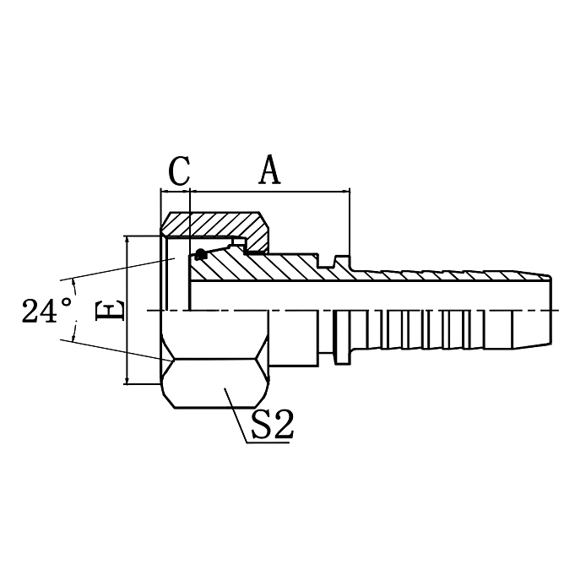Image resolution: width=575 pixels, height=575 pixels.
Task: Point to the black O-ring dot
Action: (200, 255)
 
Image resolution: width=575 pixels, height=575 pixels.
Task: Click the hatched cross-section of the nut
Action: (215, 225)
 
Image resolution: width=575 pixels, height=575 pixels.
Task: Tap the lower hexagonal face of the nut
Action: (215, 384)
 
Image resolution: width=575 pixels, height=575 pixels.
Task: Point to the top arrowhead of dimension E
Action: (127, 241)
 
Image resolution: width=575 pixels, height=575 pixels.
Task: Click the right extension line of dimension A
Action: (350, 220)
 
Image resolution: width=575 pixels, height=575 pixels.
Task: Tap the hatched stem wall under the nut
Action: (253, 268)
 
